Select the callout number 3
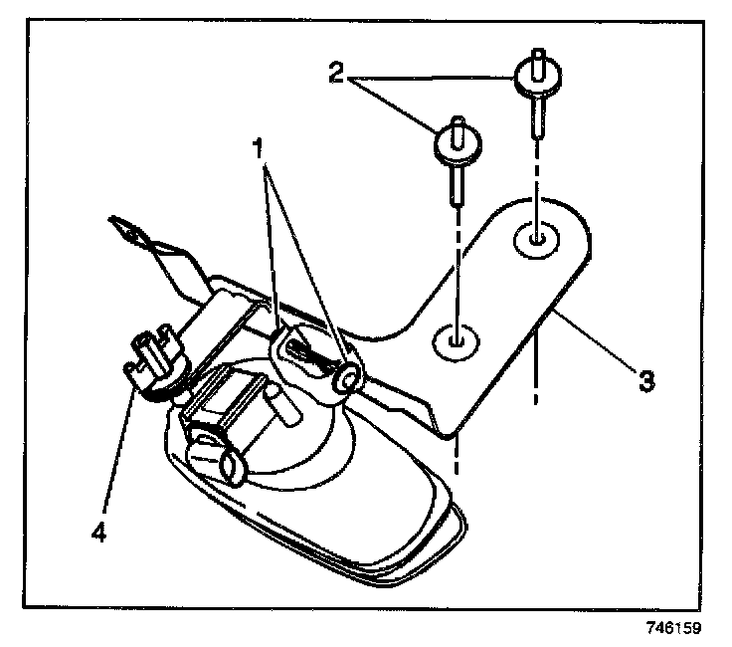(x=646, y=379)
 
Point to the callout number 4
(x=97, y=533)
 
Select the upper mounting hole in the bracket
(x=535, y=239)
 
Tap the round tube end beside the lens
(x=231, y=465)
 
